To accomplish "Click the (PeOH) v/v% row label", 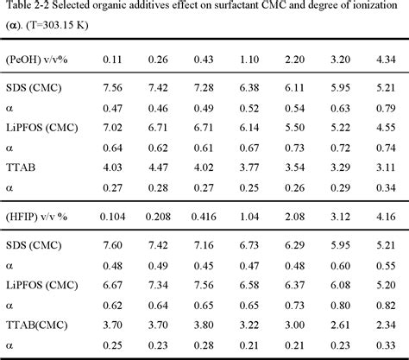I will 35,58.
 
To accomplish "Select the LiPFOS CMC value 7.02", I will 115,125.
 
